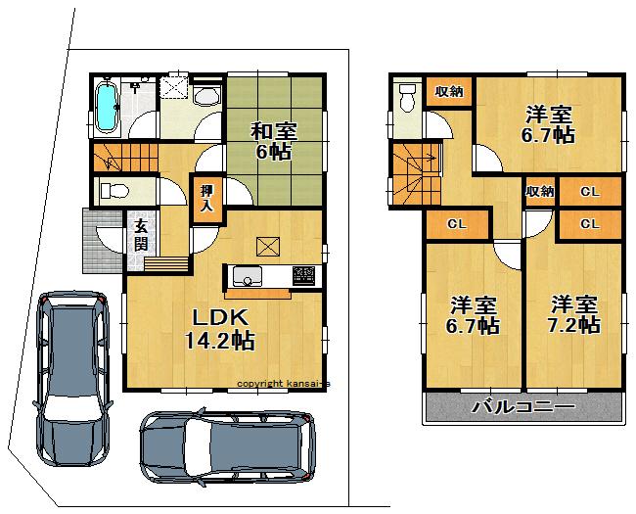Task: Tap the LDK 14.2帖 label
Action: [220, 329]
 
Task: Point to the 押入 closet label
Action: [206, 199]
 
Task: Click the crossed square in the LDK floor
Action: [267, 245]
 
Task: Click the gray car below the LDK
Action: [225, 449]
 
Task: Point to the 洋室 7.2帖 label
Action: [573, 314]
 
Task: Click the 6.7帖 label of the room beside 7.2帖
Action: [475, 314]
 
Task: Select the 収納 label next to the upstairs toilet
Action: [449, 91]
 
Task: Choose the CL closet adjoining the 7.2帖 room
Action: [589, 224]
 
